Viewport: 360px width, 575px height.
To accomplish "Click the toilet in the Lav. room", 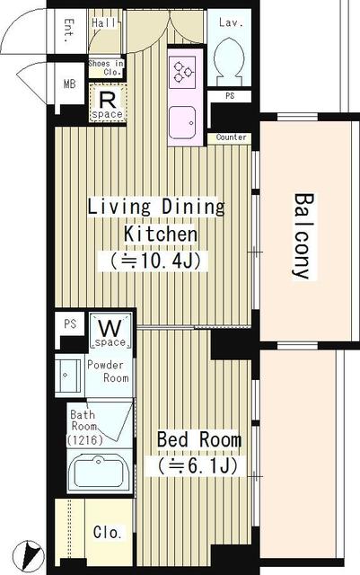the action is click(229, 58).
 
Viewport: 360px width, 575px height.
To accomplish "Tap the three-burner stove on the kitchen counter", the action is click(183, 72).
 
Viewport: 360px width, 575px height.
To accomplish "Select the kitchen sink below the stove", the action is click(182, 122).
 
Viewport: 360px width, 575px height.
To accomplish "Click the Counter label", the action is click(231, 137).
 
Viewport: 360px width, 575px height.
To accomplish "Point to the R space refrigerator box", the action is click(108, 102).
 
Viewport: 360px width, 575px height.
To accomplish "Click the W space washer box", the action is click(110, 331).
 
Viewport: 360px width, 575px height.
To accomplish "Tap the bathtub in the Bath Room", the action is click(98, 472).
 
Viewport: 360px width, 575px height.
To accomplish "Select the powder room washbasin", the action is click(68, 376).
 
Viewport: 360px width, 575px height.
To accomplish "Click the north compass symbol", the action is click(29, 555).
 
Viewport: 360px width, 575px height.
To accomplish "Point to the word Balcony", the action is click(304, 236).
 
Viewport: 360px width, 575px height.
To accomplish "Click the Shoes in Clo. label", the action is click(106, 68).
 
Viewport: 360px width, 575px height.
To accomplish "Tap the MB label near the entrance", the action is click(70, 84).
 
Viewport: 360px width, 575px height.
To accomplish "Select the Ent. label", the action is click(69, 31).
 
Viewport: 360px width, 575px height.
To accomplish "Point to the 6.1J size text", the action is click(197, 465).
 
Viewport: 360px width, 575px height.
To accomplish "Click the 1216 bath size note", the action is click(84, 439).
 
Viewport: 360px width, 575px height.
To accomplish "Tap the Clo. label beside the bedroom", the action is click(108, 532).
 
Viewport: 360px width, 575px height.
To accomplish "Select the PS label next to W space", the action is click(70, 323).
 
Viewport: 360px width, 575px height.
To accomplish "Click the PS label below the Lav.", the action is click(230, 96).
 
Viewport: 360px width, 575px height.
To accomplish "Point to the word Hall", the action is click(104, 23).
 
